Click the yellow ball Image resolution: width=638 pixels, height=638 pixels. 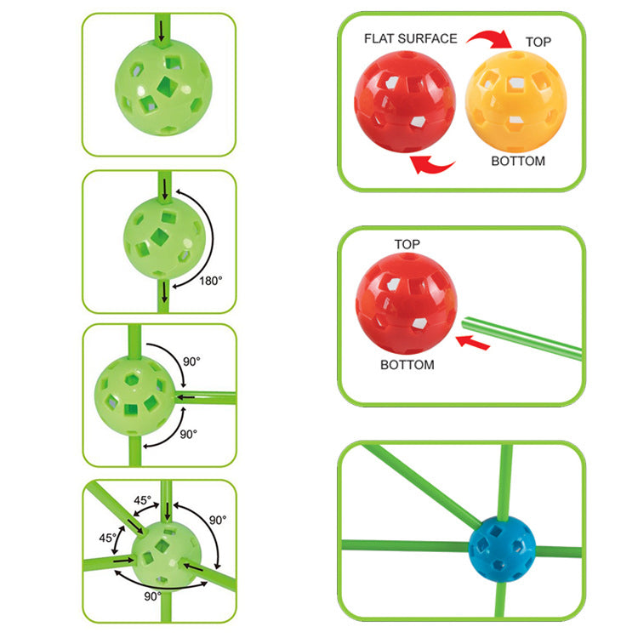tap(516, 102)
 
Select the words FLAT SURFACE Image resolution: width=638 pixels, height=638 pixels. tap(411, 38)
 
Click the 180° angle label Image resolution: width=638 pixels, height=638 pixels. tap(211, 281)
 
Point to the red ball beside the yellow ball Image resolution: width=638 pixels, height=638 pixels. tap(405, 102)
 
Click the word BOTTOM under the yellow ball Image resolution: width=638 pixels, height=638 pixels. tap(518, 161)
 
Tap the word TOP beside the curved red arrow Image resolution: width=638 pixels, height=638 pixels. tap(538, 42)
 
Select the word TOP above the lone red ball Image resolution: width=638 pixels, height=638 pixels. tap(407, 244)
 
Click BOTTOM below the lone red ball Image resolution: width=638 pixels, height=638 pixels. tap(407, 365)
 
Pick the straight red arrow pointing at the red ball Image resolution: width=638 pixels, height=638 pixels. tap(473, 342)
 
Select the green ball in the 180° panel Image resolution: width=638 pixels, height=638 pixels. tap(164, 238)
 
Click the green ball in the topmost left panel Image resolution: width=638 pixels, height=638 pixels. tap(163, 88)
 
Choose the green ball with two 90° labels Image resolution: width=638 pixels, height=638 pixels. tap(134, 396)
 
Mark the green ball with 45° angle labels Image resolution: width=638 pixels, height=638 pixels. tap(166, 554)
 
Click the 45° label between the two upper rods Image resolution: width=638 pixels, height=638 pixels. tap(142, 500)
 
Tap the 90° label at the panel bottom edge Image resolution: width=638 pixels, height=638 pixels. tap(152, 596)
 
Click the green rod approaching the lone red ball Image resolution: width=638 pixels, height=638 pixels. tap(522, 339)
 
